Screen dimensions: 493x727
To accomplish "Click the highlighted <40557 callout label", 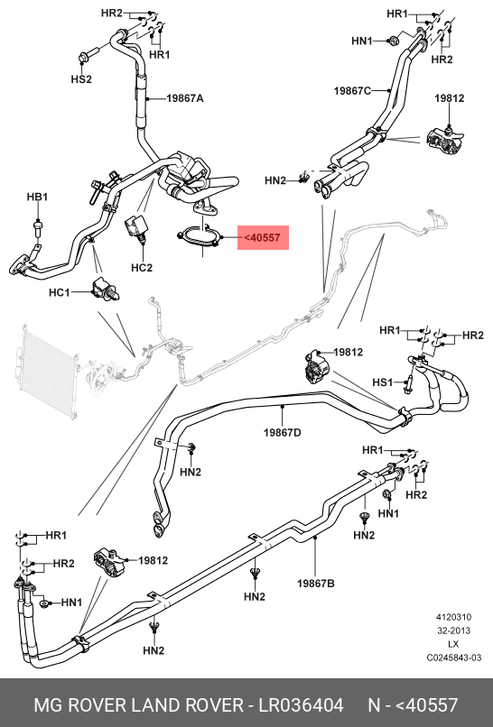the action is tap(263, 238).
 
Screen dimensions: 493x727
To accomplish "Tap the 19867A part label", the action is tap(185, 98).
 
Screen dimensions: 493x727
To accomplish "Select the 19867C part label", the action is tap(352, 91).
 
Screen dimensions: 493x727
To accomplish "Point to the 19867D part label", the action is tap(283, 433).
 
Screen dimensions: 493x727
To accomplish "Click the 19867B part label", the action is tap(316, 584).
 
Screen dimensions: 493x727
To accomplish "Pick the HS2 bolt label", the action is tap(81, 79).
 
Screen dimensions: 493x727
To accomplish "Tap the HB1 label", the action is tap(37, 197).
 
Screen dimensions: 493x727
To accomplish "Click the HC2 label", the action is tap(142, 268).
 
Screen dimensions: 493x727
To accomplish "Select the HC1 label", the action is tap(59, 293).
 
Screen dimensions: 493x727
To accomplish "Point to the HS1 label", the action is tap(383, 382).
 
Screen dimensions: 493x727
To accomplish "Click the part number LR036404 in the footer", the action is tap(301, 704).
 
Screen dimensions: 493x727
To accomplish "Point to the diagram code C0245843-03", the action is tap(454, 658).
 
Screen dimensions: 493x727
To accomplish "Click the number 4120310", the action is tap(453, 617).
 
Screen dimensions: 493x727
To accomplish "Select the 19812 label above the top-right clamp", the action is tap(450, 98).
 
